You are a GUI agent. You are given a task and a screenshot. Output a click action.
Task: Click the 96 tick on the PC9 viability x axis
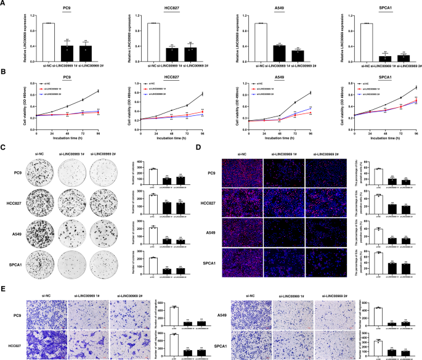[97, 133]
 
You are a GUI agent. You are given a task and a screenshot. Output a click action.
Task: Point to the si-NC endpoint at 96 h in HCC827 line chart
[203, 94]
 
